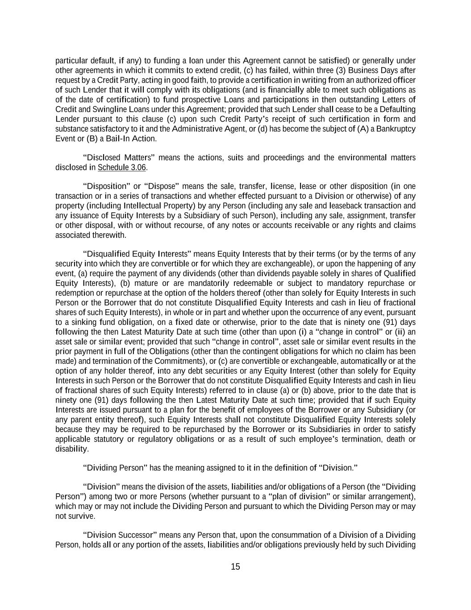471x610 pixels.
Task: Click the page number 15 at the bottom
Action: pos(235,567)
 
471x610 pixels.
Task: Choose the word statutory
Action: pos(109,439)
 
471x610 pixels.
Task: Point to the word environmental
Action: pos(361,158)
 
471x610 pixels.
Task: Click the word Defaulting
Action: pos(398,109)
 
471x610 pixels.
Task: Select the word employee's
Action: pos(348,439)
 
